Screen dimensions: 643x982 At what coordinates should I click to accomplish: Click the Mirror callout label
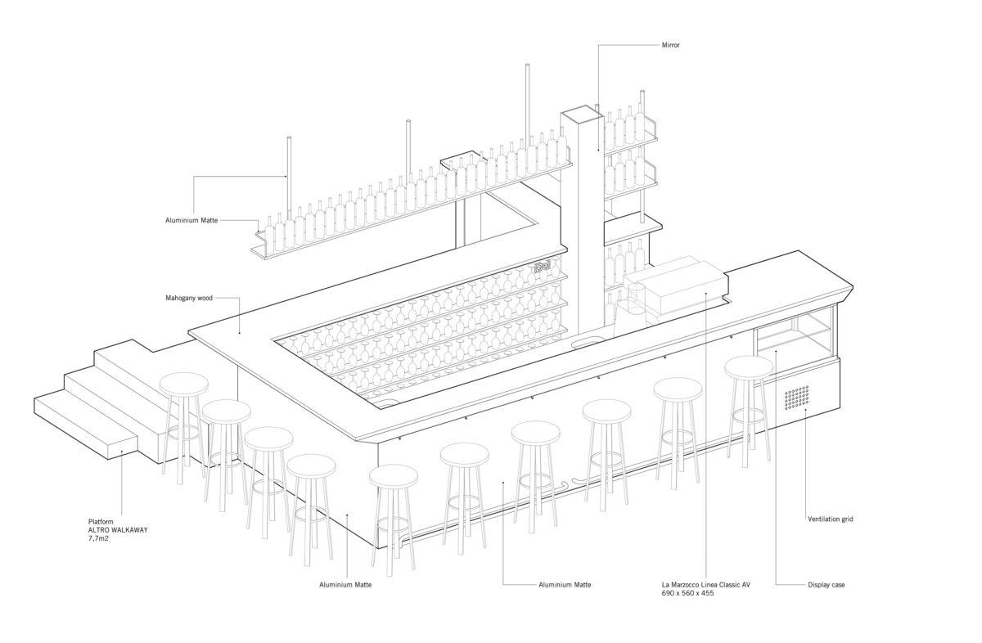(670, 45)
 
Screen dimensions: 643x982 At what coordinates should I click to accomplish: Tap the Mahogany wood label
(188, 299)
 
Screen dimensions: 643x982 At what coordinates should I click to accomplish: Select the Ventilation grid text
(831, 519)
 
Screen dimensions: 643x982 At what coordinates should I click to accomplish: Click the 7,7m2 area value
(99, 538)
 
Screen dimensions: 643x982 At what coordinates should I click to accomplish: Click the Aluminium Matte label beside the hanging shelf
(191, 219)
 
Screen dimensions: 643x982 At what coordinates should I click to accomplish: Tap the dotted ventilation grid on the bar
(796, 398)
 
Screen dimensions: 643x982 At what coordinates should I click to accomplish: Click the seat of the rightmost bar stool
(748, 367)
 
